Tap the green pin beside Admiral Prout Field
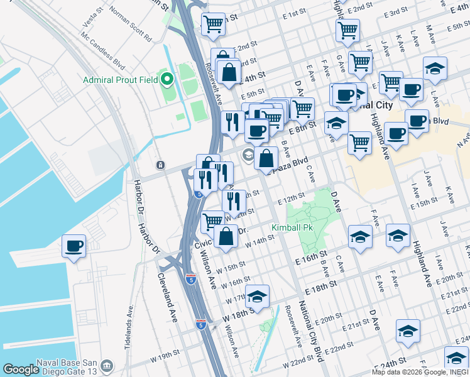tap(167, 80)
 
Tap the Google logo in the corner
tap(21, 369)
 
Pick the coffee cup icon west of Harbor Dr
tap(74, 245)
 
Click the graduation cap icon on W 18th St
tap(257, 295)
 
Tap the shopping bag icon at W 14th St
tap(226, 236)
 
